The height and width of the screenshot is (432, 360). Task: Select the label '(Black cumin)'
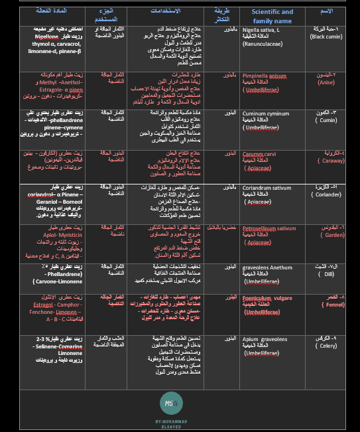click(x=327, y=37)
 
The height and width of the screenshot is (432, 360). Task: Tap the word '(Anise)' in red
click(x=328, y=83)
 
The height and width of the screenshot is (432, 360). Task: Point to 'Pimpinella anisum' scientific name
click(x=265, y=77)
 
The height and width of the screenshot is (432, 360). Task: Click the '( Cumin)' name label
click(x=328, y=120)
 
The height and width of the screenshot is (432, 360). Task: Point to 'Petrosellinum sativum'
click(x=269, y=228)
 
